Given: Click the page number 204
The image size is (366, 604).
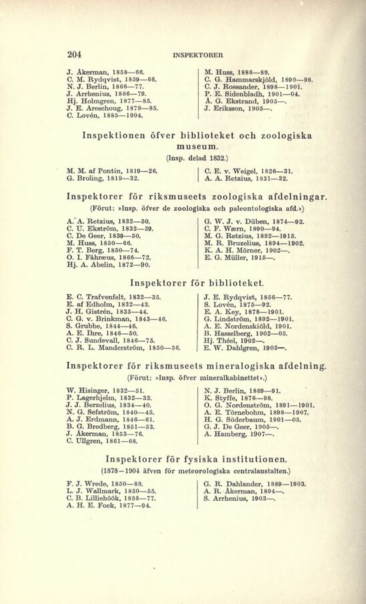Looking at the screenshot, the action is pos(74,55).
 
